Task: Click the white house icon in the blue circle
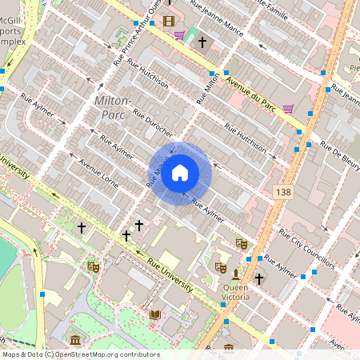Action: tap(180, 173)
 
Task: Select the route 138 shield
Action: tap(282, 192)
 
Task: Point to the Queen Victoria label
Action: tap(235, 292)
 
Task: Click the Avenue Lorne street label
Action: tap(98, 174)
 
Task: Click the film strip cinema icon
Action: tap(168, 21)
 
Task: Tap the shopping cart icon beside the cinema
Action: tap(180, 35)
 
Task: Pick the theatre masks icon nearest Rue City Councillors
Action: tap(242, 243)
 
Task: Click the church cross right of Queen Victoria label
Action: tap(259, 279)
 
